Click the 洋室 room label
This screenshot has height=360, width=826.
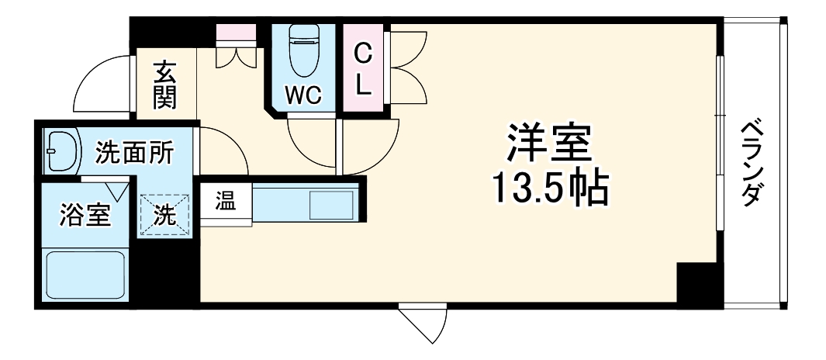tap(551, 143)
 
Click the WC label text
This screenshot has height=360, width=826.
tap(302, 95)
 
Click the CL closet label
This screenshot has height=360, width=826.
tap(363, 70)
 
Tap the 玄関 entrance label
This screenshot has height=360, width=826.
tap(165, 85)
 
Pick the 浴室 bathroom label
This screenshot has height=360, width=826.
tap(85, 215)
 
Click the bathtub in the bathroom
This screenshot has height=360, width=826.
tap(85, 275)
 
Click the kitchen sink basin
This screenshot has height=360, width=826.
tap(331, 205)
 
